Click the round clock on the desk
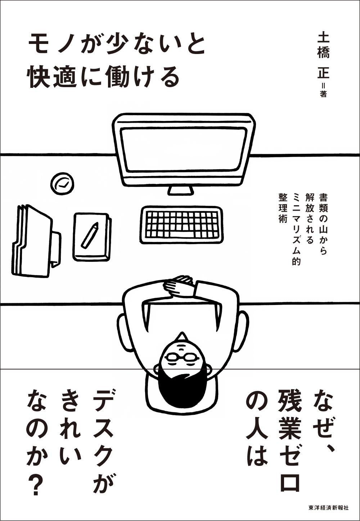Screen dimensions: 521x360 pyautogui.click(x=63, y=184)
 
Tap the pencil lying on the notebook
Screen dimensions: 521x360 pyautogui.click(x=90, y=235)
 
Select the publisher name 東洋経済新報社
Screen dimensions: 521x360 pyautogui.click(x=328, y=508)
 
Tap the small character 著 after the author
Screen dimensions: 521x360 pyautogui.click(x=323, y=94)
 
